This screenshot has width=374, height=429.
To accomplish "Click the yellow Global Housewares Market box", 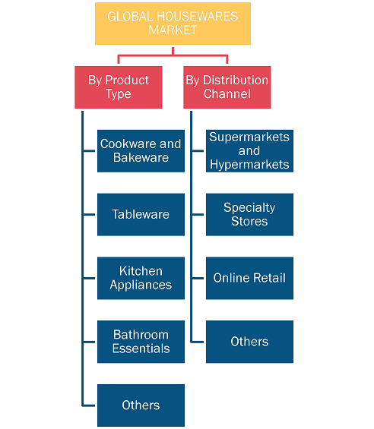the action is (x=173, y=24).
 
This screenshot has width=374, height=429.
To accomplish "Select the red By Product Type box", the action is (x=119, y=87).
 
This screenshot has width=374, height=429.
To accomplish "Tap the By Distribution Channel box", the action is (x=227, y=87).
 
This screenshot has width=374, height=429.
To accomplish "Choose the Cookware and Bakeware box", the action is (x=141, y=151).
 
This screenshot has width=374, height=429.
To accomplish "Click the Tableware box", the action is (x=141, y=214).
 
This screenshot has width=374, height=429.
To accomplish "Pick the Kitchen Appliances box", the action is (x=141, y=278).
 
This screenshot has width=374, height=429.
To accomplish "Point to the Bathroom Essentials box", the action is (x=141, y=342).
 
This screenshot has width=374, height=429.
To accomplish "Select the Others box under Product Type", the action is (x=141, y=405).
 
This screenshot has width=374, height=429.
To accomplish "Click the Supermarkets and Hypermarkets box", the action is (x=249, y=151).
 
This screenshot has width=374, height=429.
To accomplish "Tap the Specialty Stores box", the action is (x=249, y=214).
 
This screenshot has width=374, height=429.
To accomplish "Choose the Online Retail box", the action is (x=249, y=278).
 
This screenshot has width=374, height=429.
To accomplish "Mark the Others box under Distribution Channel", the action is (x=249, y=342).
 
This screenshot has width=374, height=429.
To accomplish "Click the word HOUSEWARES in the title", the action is (x=197, y=17).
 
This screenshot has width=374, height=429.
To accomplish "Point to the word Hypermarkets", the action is (x=249, y=165).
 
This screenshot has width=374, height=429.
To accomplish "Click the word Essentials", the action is (x=141, y=349).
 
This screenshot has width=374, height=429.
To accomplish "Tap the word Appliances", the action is (x=141, y=285).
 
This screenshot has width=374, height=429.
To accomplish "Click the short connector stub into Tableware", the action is (x=89, y=214).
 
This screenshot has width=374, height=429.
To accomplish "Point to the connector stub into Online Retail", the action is (x=198, y=278).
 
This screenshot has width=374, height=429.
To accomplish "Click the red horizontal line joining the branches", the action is (x=173, y=55).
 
